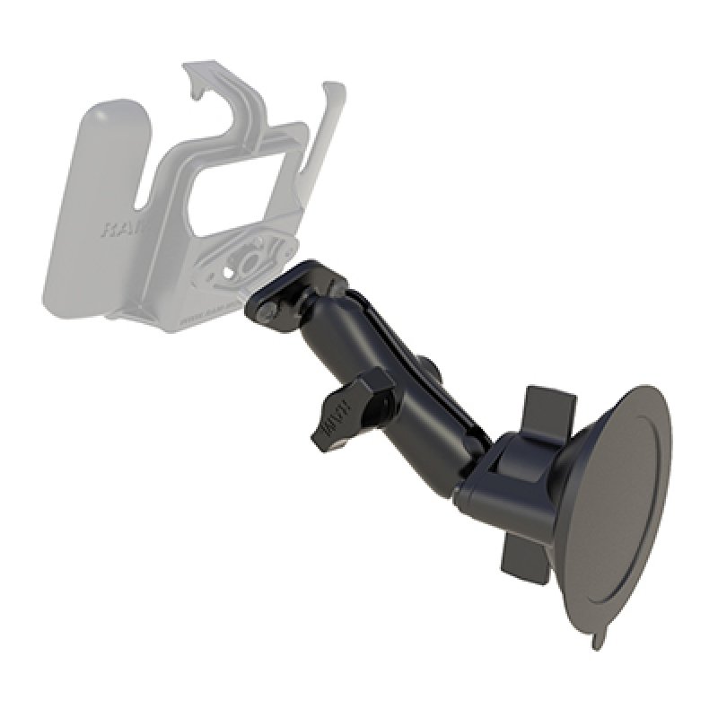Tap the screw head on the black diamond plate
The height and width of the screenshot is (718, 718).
[x=267, y=309]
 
